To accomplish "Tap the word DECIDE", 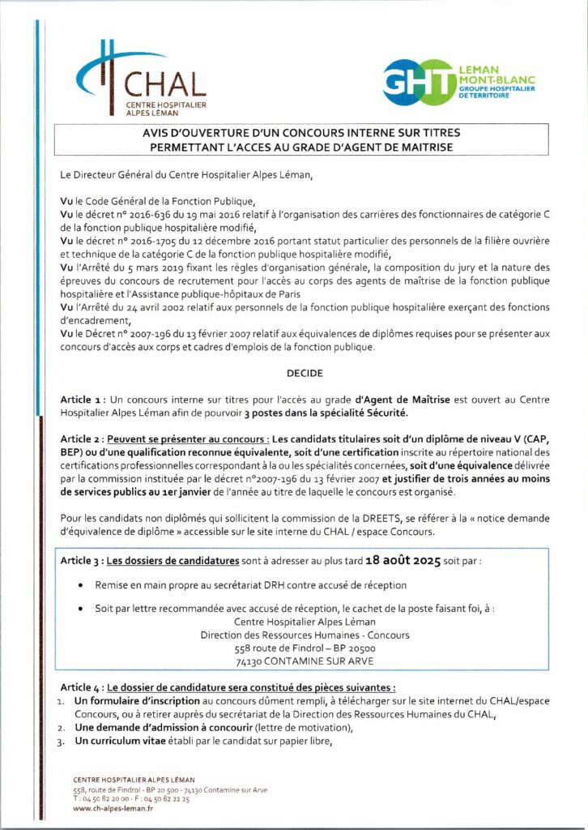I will [305, 374].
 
